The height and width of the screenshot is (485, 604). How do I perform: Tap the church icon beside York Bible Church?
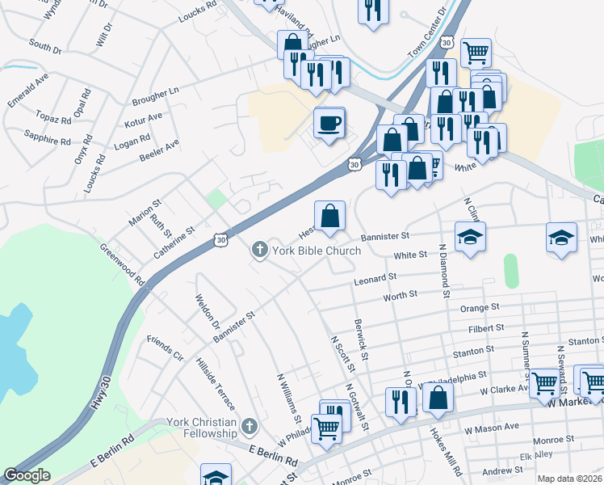pyautogui.click(x=261, y=251)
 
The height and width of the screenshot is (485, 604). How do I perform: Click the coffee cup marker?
pyautogui.click(x=329, y=124)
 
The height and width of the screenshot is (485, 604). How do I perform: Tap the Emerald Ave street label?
pyautogui.click(x=29, y=89)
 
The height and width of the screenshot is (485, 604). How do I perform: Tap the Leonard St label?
pyautogui.click(x=375, y=280)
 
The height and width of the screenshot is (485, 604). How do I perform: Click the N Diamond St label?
pyautogui.click(x=443, y=272)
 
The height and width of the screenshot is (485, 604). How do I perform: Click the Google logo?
pyautogui.click(x=27, y=476)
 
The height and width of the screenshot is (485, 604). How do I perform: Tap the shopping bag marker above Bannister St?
pyautogui.click(x=329, y=217)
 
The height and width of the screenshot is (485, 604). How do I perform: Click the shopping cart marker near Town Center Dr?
pyautogui.click(x=476, y=53)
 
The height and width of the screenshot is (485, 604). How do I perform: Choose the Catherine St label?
pyautogui.click(x=175, y=242)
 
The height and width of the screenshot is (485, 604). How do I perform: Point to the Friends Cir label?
pyautogui.click(x=166, y=347)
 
